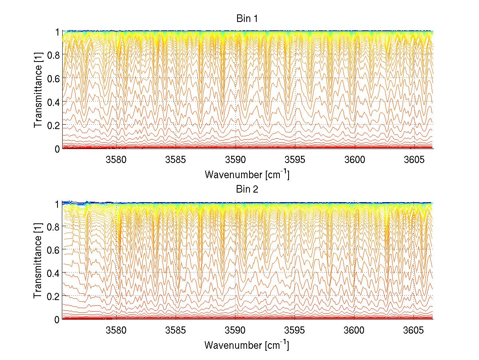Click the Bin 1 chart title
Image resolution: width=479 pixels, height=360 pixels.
(x=247, y=19)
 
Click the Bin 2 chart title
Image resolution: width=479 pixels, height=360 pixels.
(x=247, y=189)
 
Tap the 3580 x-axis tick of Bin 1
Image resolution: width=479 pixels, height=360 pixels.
(x=116, y=160)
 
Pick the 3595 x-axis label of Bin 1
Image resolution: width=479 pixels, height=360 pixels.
(x=295, y=160)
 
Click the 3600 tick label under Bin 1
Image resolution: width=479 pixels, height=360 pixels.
(x=354, y=160)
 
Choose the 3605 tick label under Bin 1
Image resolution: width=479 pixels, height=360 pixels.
(x=414, y=160)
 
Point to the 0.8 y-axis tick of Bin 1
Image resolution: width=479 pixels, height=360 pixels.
(x=54, y=55)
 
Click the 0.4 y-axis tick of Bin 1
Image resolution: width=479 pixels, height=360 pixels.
(x=54, y=102)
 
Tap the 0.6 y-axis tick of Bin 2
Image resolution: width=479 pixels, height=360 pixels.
(x=54, y=249)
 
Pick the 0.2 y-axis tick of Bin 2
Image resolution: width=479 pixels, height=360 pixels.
(x=54, y=296)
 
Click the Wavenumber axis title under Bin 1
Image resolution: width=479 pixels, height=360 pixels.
(x=247, y=174)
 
